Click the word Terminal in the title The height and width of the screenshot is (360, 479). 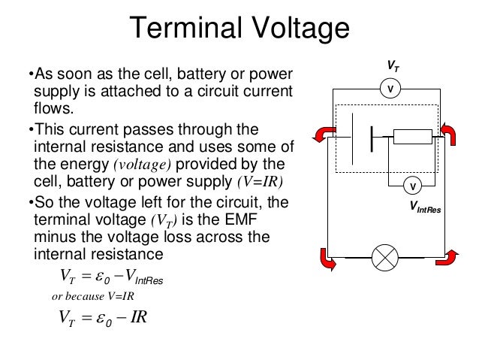[183, 29]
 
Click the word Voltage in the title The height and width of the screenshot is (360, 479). [296, 29]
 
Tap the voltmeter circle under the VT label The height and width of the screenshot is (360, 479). [390, 89]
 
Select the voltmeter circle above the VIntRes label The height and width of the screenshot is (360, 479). [412, 185]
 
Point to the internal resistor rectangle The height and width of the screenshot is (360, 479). [413, 136]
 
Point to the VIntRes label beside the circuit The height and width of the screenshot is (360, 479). [425, 207]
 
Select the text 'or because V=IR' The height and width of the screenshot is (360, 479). [92, 296]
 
